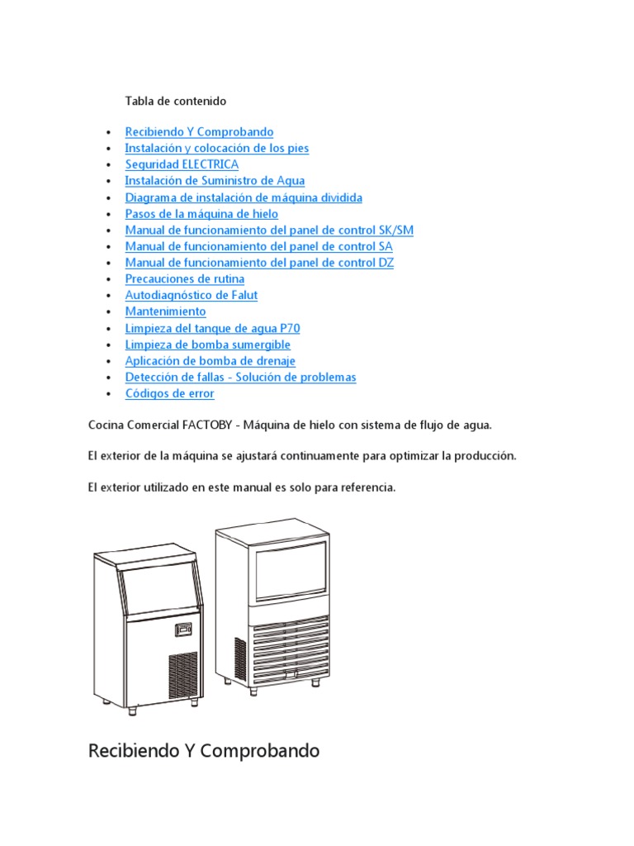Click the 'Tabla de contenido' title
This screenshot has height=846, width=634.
[175, 101]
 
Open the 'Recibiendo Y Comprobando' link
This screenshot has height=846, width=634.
[199, 132]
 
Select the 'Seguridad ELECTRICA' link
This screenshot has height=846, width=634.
[182, 164]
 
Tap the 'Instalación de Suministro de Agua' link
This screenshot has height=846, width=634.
[215, 181]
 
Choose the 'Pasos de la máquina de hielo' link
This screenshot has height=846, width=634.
[201, 214]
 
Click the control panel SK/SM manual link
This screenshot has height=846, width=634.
[269, 230]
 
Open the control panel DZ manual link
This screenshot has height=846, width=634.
[259, 263]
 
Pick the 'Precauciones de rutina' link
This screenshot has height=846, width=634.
[184, 279]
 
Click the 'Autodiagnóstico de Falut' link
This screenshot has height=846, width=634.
[191, 295]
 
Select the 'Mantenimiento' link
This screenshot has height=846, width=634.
[165, 311]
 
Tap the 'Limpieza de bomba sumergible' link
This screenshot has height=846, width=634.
[207, 345]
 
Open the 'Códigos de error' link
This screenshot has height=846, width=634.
[169, 393]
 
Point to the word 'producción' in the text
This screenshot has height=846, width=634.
[486, 457]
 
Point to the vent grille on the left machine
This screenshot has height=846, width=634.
[183, 677]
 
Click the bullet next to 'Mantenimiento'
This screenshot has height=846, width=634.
[109, 312]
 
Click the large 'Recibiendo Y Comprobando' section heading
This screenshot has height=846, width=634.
[203, 752]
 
